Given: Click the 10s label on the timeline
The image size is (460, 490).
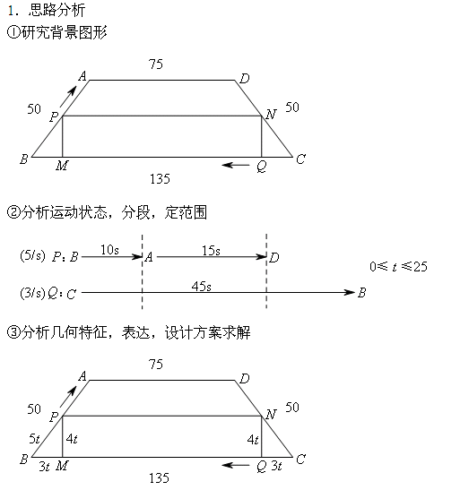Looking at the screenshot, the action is [109, 250].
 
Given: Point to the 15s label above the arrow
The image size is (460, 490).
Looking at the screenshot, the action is [211, 251].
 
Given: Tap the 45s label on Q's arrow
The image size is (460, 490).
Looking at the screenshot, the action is [202, 287].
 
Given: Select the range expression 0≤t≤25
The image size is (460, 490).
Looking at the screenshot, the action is [398, 266].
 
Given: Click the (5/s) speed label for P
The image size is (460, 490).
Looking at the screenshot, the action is [32, 256].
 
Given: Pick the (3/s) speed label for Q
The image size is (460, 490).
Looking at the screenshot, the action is [32, 293].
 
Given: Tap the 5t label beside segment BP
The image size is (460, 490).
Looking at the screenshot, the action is [34, 439].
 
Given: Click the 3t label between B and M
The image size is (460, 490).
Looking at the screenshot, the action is [45, 466].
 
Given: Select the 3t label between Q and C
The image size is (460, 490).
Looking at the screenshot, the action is [277, 466].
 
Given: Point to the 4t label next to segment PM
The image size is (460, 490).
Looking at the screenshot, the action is [72, 439].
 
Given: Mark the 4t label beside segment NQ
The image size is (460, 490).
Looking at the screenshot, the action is [253, 440].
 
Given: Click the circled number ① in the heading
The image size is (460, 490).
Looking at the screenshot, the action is [13, 32].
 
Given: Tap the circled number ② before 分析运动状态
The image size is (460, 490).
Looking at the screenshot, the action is [13, 212].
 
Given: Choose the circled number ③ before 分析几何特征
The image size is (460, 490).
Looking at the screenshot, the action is [13, 332].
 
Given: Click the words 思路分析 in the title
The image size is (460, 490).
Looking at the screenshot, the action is [56, 10].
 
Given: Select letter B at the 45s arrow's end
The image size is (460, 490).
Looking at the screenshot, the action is [361, 293].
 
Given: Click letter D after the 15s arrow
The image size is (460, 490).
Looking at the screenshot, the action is [274, 257].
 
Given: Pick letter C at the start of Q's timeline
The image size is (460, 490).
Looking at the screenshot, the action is [72, 294].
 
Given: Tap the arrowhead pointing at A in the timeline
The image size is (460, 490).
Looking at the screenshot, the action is [137, 257].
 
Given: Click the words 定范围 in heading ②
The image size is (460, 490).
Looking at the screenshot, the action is [186, 212].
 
